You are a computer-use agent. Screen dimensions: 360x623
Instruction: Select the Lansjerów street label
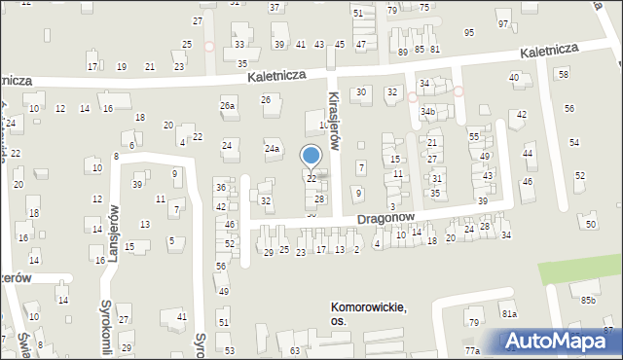click(115, 229)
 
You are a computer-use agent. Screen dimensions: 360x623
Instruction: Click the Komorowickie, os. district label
click(367, 314)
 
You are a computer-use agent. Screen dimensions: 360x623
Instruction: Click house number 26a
click(228, 105)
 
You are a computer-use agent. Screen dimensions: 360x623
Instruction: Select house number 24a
click(273, 149)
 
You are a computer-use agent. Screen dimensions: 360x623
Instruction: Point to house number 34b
click(427, 112)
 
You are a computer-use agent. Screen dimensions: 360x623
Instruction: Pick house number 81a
click(509, 313)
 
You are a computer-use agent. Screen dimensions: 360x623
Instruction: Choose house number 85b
click(588, 300)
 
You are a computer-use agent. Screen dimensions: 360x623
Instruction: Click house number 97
click(502, 23)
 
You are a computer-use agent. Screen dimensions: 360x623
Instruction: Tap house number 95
click(469, 32)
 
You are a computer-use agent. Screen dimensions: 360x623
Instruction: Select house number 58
click(563, 74)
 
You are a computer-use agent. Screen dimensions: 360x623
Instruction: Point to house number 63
click(295, 350)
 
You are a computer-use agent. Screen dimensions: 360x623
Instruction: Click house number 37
click(275, 7)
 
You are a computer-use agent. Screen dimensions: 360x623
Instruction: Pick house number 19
click(121, 66)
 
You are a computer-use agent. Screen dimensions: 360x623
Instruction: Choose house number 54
click(574, 143)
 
